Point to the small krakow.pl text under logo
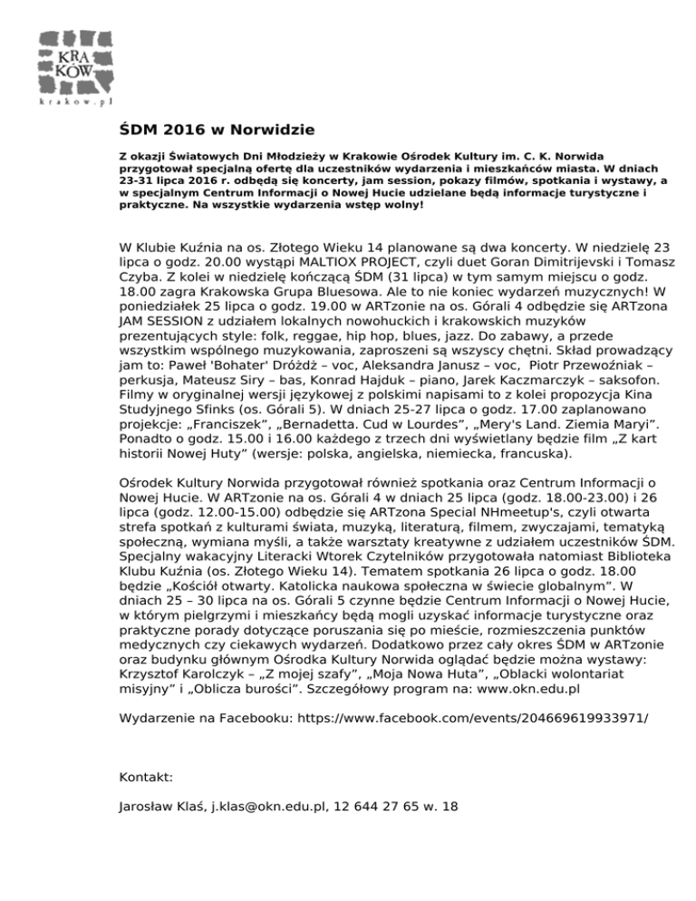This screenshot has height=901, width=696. coord(78,102)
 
